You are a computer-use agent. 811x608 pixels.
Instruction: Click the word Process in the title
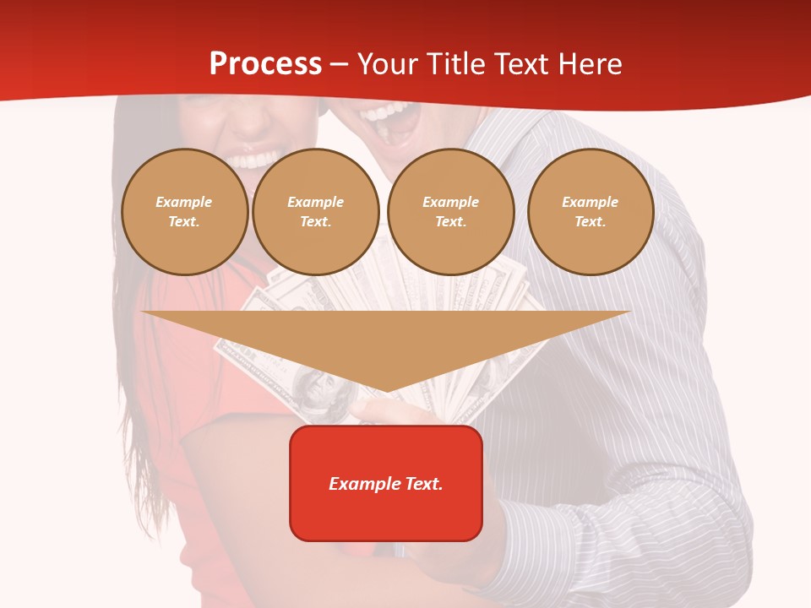265,64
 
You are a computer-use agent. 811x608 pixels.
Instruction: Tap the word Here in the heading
591,64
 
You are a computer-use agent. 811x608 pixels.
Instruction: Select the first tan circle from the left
185,212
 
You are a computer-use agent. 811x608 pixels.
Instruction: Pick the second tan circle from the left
316,212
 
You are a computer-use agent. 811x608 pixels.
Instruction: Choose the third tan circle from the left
451,212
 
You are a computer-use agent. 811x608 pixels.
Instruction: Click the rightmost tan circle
591,212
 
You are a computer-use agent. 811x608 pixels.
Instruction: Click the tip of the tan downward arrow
386,390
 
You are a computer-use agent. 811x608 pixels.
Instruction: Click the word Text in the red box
423,484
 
